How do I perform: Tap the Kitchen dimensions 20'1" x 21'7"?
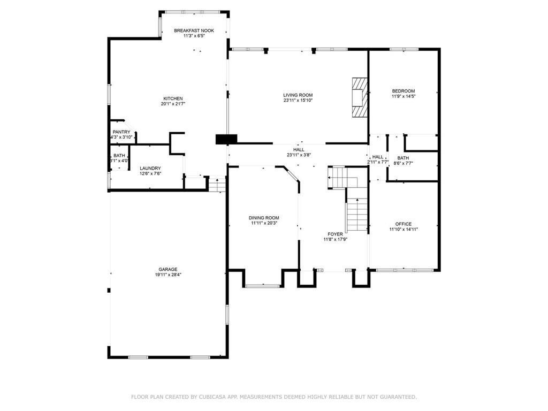pyautogui.click(x=173, y=104)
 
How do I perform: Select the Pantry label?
pyautogui.click(x=121, y=132)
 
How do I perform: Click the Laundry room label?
pyautogui.click(x=150, y=168)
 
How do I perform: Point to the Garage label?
pyautogui.click(x=168, y=269)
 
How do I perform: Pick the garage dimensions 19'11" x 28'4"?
pyautogui.click(x=168, y=275)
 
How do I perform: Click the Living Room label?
pyautogui.click(x=298, y=95)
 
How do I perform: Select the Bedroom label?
pyautogui.click(x=404, y=91)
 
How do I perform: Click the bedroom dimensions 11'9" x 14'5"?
pyautogui.click(x=404, y=97)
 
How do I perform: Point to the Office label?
pyautogui.click(x=404, y=224)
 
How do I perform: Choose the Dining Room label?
pyautogui.click(x=264, y=217)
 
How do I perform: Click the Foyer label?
pyautogui.click(x=336, y=234)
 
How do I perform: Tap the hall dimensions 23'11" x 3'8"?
pyautogui.click(x=299, y=155)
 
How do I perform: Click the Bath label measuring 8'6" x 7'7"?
pyautogui.click(x=403, y=158)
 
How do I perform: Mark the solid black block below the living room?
pyautogui.click(x=226, y=139)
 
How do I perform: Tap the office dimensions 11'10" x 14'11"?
pyautogui.click(x=404, y=230)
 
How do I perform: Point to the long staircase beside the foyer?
pyautogui.click(x=357, y=214)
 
